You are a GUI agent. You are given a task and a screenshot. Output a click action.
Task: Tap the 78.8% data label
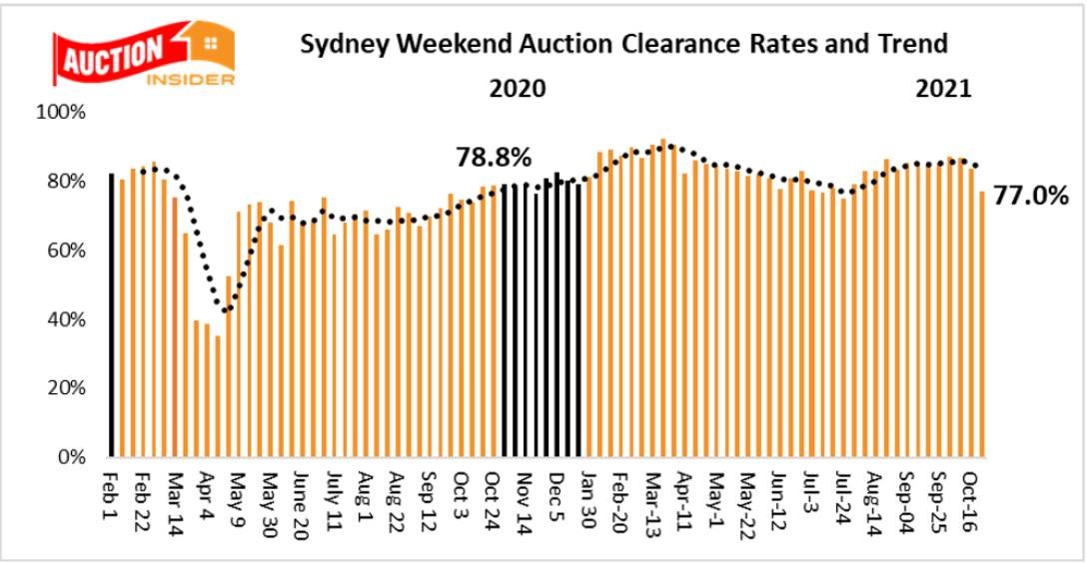click(494, 157)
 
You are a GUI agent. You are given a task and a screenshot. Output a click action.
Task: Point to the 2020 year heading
click(517, 88)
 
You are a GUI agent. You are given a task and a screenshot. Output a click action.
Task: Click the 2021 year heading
click(944, 88)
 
